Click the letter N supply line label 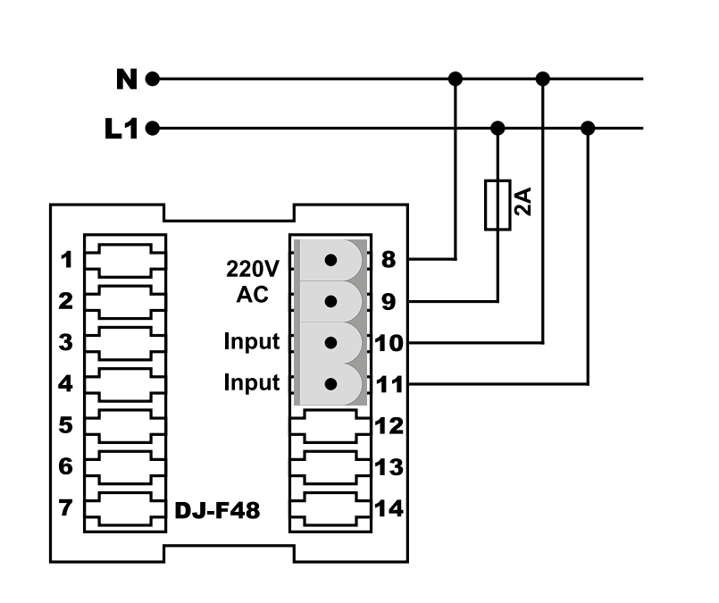127,80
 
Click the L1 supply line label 121,129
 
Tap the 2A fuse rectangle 497,205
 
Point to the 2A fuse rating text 523,201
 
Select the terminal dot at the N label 153,80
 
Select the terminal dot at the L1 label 153,129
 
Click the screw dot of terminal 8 330,261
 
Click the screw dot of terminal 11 330,384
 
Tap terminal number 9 389,302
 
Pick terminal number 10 389,343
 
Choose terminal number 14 389,508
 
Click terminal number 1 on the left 67,260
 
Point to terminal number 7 65,507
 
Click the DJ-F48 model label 217,510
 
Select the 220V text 253,269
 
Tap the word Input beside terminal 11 252,382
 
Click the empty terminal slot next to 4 125,383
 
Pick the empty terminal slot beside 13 330,467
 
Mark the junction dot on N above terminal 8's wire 456,79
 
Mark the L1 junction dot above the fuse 497,129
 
